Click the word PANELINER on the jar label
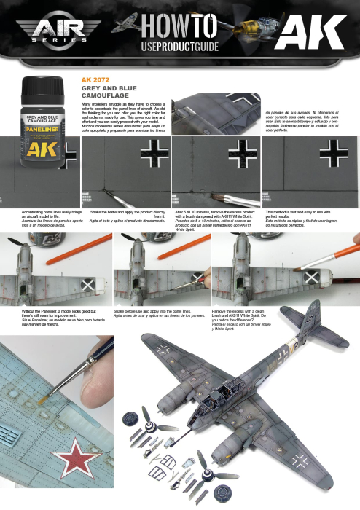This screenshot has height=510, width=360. pyautogui.click(x=41, y=126)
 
